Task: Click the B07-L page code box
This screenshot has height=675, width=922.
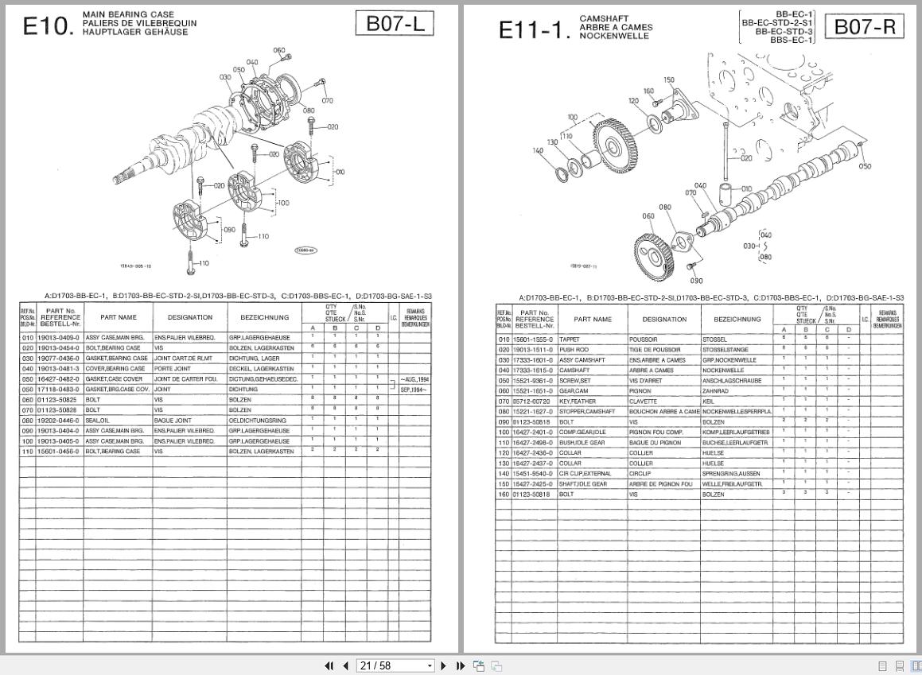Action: pos(394,24)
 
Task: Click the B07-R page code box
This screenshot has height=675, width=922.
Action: pos(864,27)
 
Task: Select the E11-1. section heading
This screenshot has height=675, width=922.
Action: pos(535,30)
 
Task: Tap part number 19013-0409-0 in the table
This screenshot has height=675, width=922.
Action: pos(59,338)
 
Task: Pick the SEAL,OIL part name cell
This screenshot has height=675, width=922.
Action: pos(99,420)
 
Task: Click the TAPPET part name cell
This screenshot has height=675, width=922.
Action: pos(570,339)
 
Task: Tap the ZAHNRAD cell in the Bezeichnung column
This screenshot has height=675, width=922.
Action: pos(716,391)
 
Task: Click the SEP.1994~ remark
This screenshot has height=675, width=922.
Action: pos(414,390)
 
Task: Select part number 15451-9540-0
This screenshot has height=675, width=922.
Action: pos(533,474)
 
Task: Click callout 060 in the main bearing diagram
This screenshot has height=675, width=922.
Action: pos(278,51)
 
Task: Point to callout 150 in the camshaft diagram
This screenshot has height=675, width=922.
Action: pos(669,80)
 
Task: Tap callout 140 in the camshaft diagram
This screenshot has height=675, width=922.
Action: pos(539,150)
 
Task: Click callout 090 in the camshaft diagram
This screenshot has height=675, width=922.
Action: pos(696,281)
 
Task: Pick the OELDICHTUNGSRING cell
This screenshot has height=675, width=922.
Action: pos(257,420)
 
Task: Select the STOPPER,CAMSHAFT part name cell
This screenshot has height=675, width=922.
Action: pos(587,412)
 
